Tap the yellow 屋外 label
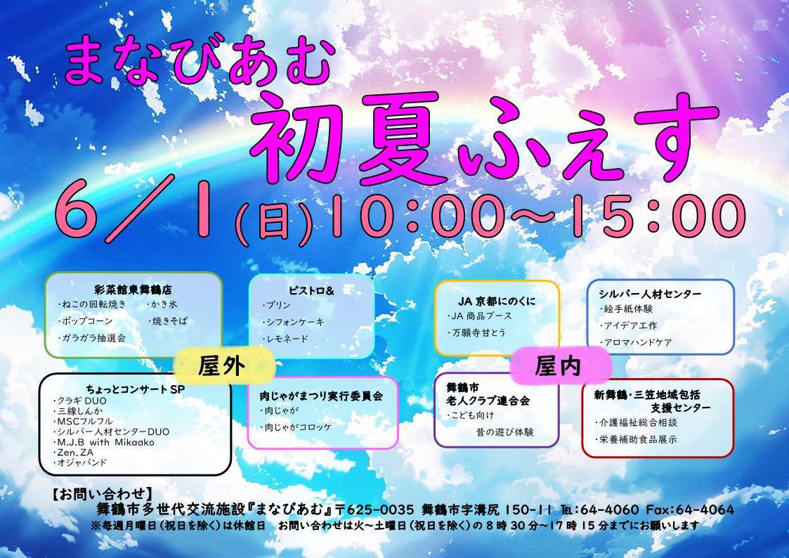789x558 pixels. [222, 366]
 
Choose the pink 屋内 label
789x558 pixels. [558, 366]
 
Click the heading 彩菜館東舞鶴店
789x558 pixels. [133, 290]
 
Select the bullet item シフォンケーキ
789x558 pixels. [294, 322]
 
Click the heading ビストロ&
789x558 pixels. [311, 291]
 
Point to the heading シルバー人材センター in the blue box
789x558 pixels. [650, 294]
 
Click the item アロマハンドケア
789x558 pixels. [636, 343]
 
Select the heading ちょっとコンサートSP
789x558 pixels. [136, 389]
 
